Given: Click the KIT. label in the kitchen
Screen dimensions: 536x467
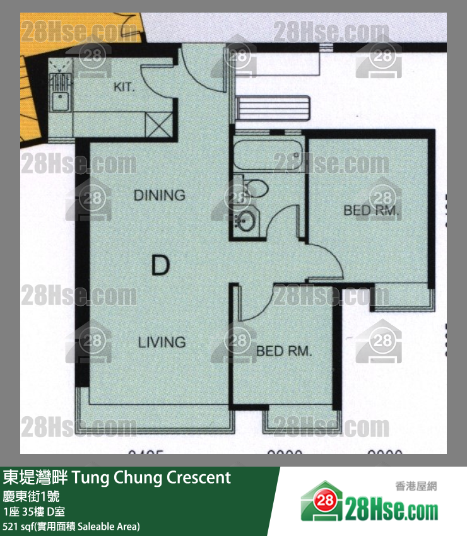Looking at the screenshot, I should pyautogui.click(x=124, y=86).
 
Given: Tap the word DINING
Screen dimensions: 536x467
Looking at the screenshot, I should pyautogui.click(x=159, y=195).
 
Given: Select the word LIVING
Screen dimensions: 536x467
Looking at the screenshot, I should pyautogui.click(x=162, y=342).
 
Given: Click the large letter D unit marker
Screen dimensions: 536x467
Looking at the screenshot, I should pyautogui.click(x=161, y=265).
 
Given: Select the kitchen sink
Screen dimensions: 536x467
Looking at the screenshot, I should pyautogui.click(x=61, y=100).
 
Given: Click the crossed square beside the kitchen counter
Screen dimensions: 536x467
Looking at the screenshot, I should pyautogui.click(x=158, y=124).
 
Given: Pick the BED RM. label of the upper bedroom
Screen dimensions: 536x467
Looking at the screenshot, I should pyautogui.click(x=371, y=211).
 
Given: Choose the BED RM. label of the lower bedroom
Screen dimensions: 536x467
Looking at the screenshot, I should pyautogui.click(x=284, y=351).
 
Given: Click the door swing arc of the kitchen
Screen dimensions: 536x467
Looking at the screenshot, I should pyautogui.click(x=157, y=82).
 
